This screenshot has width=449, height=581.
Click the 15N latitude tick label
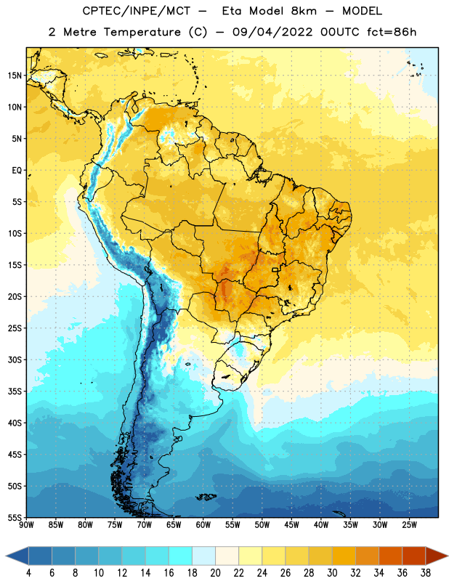15,76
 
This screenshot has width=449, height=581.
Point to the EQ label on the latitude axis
17,171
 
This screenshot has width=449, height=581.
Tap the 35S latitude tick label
15,391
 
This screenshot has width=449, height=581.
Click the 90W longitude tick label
26,525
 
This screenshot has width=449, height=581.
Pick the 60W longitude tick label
203,525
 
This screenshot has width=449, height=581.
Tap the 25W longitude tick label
409,525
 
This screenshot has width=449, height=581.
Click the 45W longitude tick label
291,525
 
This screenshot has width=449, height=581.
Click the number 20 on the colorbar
215,573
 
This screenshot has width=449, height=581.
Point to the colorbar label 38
426,573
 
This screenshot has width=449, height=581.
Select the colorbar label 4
28,573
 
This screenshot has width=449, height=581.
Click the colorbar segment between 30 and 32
344,556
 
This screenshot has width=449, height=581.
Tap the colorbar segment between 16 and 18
181,556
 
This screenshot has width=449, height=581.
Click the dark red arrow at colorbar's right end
436,556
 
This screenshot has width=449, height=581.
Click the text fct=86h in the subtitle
392,32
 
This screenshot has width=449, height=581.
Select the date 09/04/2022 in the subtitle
272,32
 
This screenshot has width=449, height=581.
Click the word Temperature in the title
142,33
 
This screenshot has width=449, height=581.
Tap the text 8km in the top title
304,11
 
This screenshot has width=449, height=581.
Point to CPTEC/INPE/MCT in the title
137,11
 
